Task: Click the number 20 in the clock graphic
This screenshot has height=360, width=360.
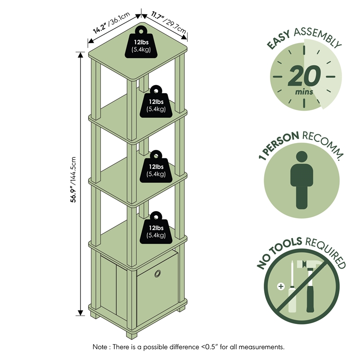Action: pyautogui.click(x=304, y=76)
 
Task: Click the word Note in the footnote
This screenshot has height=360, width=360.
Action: pyautogui.click(x=100, y=347)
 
